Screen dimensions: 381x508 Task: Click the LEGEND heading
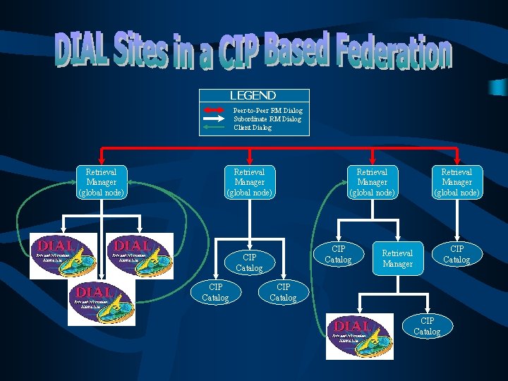point(253,96)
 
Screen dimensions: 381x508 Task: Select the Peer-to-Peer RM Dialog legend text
point(267,110)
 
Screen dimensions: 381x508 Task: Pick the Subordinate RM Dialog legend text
point(267,119)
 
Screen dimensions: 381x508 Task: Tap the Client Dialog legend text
point(252,127)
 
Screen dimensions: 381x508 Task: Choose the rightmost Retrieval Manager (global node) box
point(456,182)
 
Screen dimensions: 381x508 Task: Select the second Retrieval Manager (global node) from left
point(249,182)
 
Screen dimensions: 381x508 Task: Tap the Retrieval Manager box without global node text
point(397,258)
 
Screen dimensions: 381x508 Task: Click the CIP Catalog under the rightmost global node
point(456,254)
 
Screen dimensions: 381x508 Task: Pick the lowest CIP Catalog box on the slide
point(427,326)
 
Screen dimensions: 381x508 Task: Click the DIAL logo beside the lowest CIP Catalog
point(360,336)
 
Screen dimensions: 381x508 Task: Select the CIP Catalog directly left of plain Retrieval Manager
point(338,254)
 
